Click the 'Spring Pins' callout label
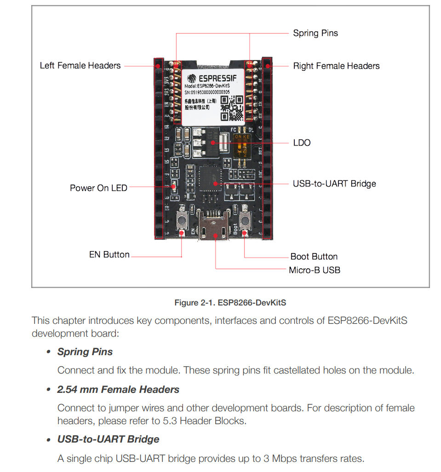pos(315,33)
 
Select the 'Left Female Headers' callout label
pos(80,66)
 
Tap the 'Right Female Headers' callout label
pos(336,66)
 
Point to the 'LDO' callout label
pos(302,143)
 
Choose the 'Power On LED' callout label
pos(98,188)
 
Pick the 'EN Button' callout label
pos(109,255)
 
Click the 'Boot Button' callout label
pos(314,257)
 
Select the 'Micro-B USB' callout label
pos(315,270)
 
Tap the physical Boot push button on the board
pos(244,222)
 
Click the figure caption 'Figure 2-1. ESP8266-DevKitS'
pos(230,303)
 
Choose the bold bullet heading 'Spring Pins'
pos(85,352)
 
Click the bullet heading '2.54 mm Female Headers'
pos(118,390)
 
